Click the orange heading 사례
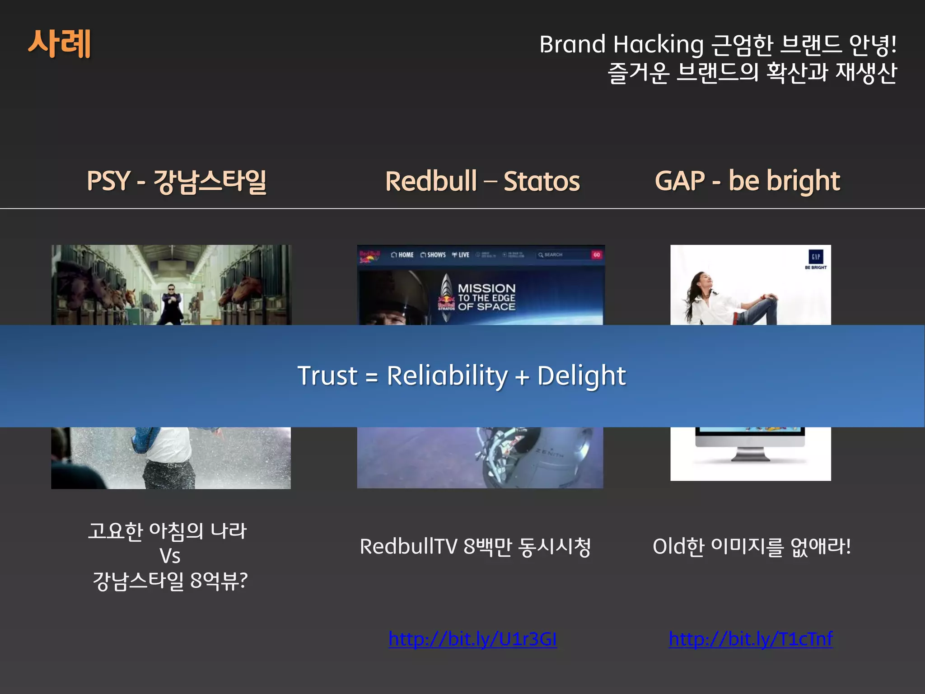pos(60,43)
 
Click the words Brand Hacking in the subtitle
pos(621,44)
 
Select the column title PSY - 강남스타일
pos(176,181)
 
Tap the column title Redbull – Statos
pos(482,181)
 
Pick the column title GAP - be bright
pos(747,181)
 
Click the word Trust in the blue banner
pos(327,375)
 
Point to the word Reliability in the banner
pos(447,375)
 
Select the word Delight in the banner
pos(581,375)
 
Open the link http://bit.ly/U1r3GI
pos(472,639)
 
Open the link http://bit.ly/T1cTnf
pos(751,639)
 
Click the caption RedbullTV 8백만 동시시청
pos(475,547)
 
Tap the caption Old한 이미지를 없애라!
pos(752,547)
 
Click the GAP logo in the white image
pos(816,257)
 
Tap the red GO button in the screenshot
pos(597,255)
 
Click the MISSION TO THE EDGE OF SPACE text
pos(486,297)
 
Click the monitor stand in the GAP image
pos(750,454)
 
